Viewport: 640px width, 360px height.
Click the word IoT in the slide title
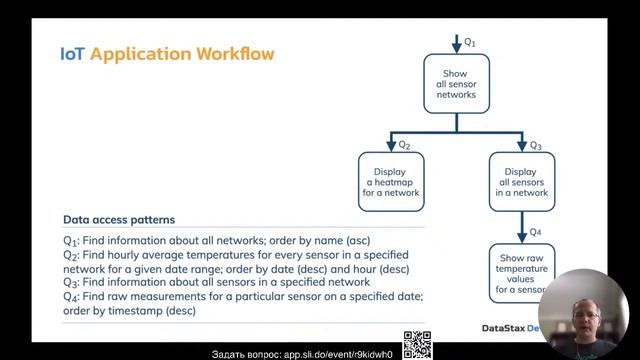pos(73,52)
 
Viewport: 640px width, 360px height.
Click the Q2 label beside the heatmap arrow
pos(404,146)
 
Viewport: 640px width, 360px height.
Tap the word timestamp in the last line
pos(133,311)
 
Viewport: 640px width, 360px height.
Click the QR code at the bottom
pos(417,345)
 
